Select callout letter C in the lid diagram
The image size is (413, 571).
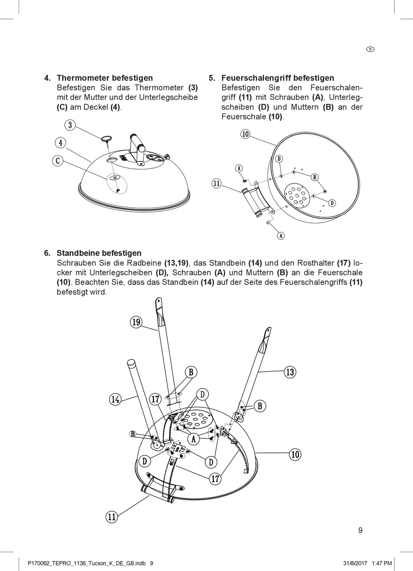pos(57,161)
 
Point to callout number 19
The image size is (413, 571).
pos(136,322)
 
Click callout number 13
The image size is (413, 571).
pos(290,372)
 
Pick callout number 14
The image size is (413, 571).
pos(115,399)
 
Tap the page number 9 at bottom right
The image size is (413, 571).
pos(360,530)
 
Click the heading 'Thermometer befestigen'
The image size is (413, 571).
pos(105,78)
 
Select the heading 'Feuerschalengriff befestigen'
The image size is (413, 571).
pos(278,78)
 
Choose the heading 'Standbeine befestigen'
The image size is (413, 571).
pos(99,253)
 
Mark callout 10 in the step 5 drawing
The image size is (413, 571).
pos(245,134)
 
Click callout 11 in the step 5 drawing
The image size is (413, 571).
pos(216,183)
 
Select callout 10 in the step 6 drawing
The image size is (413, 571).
pos(295,455)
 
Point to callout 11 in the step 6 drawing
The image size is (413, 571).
pos(112,517)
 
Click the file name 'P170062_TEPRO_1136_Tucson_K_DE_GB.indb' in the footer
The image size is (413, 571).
pos(86,563)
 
